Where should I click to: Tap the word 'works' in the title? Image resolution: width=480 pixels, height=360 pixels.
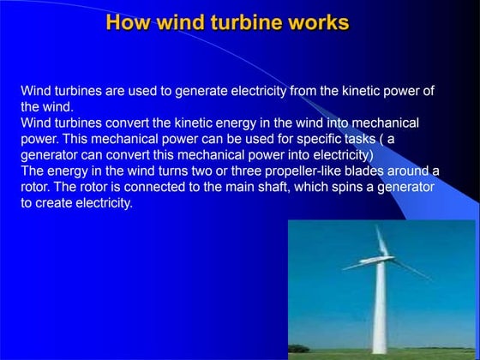pos(319,22)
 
